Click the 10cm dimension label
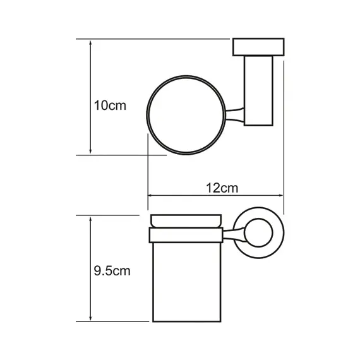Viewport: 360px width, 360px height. (x=110, y=106)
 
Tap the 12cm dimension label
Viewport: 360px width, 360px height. (x=222, y=188)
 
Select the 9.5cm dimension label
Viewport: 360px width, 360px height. (x=112, y=271)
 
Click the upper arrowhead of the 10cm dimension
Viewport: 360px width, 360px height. (x=90, y=44)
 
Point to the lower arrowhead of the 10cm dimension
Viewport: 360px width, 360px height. (x=90, y=150)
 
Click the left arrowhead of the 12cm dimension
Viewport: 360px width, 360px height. (x=150, y=195)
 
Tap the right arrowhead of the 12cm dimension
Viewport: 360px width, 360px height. (x=280, y=195)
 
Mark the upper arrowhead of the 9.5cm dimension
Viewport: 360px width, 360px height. (x=90, y=220)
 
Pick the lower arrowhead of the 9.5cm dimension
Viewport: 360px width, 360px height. (x=90, y=318)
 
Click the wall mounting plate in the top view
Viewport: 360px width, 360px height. (x=258, y=47)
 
